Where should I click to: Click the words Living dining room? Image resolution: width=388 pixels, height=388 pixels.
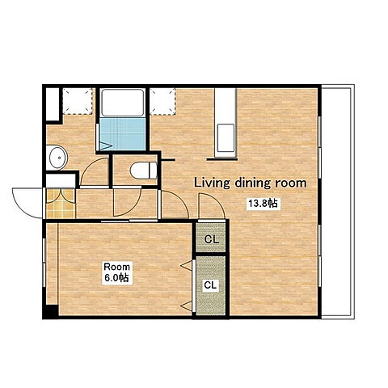click(251, 183)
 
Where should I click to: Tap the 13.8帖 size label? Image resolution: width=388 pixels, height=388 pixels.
click(263, 204)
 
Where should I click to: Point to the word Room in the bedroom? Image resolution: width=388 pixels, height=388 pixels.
click(117, 267)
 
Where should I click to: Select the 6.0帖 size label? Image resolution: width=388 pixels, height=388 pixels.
click(116, 277)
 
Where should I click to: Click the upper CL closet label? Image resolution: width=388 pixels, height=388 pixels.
click(212, 239)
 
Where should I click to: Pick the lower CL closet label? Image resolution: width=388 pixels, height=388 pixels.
click(210, 285)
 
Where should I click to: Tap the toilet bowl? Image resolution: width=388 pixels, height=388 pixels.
click(144, 171)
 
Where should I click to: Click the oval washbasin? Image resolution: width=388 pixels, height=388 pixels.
click(57, 158)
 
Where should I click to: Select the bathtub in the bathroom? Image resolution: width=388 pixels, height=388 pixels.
click(123, 103)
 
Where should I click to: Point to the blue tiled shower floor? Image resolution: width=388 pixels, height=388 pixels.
click(122, 134)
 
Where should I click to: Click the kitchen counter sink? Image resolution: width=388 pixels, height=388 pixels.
click(226, 137)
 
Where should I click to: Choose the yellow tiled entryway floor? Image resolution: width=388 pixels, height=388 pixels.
click(61, 204)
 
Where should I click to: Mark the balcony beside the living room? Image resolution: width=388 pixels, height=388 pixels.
click(338, 202)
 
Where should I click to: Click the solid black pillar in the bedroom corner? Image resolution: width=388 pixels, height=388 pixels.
click(51, 312)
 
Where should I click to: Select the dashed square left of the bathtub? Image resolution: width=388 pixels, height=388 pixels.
click(78, 101)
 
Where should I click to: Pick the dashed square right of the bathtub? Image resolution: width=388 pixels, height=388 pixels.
click(162, 101)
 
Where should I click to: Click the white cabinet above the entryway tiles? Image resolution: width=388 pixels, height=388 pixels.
click(61, 180)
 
